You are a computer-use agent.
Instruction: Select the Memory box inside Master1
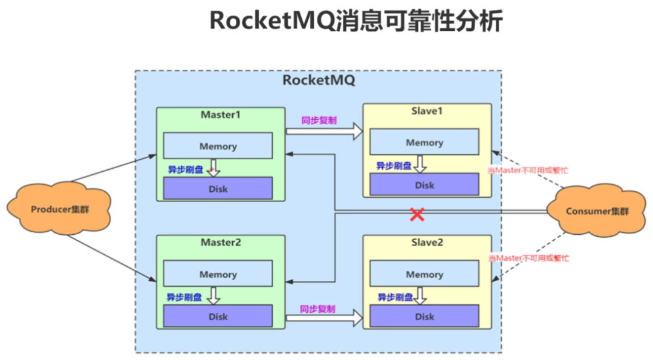click(x=218, y=146)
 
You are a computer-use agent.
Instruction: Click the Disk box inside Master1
click(x=218, y=189)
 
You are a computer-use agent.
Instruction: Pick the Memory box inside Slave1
click(x=424, y=143)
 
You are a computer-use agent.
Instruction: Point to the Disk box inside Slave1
click(x=424, y=185)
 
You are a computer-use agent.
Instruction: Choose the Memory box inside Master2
click(x=218, y=274)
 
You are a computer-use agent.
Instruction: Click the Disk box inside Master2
click(x=218, y=316)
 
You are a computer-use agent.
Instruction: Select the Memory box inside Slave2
click(x=424, y=274)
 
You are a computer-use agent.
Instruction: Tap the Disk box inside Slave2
click(x=424, y=316)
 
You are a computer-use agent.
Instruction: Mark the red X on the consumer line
click(x=417, y=214)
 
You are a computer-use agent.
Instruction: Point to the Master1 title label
click(x=220, y=114)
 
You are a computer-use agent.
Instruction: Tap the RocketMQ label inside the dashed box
click(x=319, y=80)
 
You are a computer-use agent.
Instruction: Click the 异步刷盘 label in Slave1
click(x=394, y=165)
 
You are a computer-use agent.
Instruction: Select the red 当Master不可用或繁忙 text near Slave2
click(x=528, y=258)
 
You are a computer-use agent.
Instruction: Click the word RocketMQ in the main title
click(x=272, y=22)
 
